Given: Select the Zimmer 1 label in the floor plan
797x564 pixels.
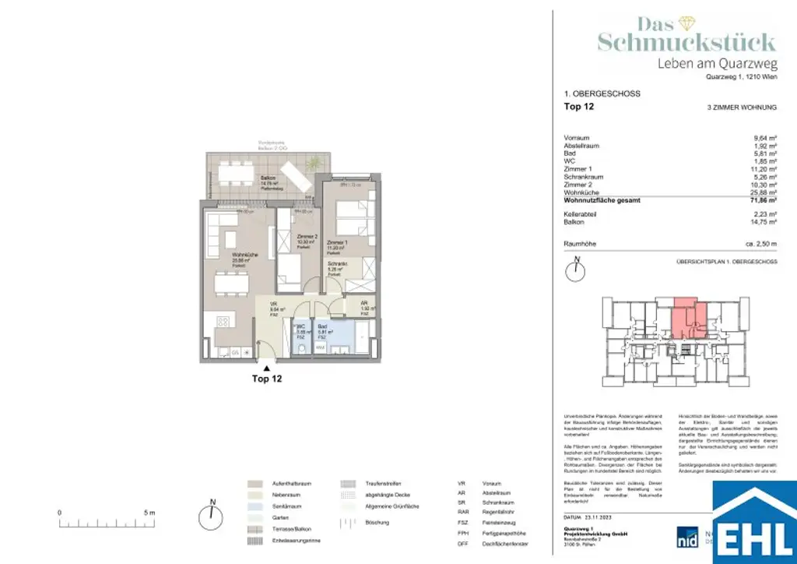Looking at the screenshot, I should pyautogui.click(x=338, y=244).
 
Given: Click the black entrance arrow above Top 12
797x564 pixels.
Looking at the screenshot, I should pyautogui.click(x=266, y=367).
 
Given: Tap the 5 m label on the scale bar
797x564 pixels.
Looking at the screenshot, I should pyautogui.click(x=150, y=513).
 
